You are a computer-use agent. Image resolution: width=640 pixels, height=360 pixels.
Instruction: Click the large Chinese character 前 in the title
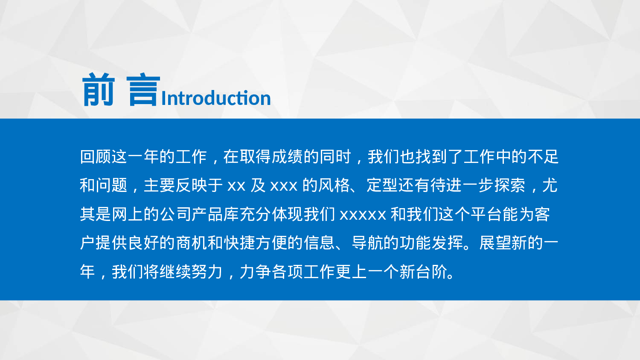99,90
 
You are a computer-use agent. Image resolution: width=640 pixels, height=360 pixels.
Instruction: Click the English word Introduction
216,98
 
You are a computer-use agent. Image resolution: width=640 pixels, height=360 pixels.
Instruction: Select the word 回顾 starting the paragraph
96,157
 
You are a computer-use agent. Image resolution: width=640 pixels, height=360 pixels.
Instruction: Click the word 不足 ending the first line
543,157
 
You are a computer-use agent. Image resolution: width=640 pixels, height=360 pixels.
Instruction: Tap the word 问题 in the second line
112,186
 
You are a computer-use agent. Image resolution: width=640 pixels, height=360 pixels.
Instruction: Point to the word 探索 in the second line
510,186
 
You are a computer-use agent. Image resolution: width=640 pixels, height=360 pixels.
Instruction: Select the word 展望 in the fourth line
495,243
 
